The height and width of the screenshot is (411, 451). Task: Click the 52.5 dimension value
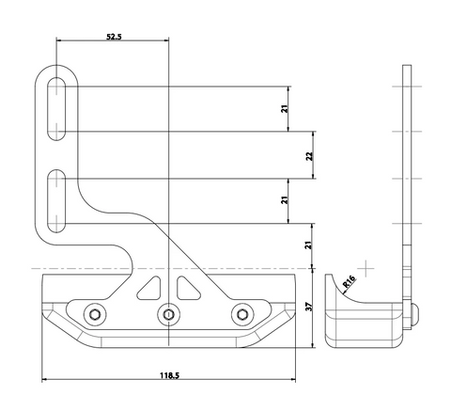pos(114,37)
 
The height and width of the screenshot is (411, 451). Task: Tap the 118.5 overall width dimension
pos(169,375)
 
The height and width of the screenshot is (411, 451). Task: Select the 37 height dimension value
pos(309,307)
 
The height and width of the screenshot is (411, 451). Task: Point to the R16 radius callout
pos(349,281)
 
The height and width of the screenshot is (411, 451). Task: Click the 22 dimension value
pos(309,156)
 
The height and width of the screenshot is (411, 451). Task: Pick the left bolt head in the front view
pos(95,314)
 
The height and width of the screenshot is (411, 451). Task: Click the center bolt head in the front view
pos(169,314)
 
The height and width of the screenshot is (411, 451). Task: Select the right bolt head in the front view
pos(242,314)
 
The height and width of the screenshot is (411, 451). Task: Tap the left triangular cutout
pos(150,289)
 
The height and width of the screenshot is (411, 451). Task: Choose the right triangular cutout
pos(187,289)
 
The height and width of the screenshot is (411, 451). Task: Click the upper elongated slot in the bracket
pos(56,108)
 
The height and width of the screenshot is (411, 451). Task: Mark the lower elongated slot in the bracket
pos(56,201)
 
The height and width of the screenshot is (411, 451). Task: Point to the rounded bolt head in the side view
pos(414,314)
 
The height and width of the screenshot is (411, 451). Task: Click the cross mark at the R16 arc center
pos(365,268)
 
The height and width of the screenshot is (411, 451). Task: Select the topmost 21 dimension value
pos(284,109)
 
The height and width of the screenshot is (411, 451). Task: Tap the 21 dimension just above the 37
pos(309,245)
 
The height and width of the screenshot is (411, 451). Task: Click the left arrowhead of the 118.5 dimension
pos(44,380)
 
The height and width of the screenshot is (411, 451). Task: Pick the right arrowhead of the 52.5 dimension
pos(166,40)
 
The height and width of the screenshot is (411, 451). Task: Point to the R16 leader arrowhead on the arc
pos(344,293)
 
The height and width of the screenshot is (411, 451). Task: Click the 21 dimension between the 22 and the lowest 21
pos(284,200)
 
